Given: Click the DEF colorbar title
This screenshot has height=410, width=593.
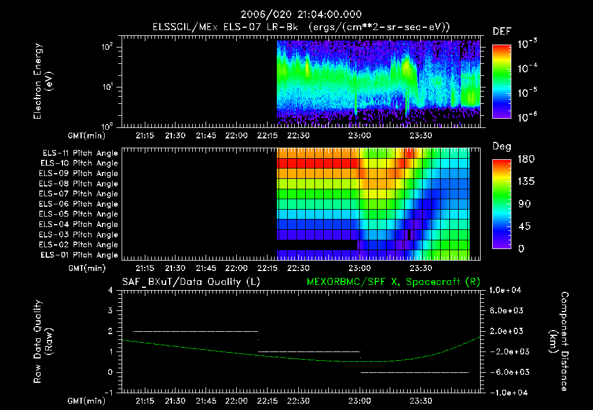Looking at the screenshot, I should (502, 31).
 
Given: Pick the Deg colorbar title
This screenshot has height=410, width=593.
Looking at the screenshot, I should (502, 147).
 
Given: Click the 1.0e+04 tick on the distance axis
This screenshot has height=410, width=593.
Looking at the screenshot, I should (507, 290).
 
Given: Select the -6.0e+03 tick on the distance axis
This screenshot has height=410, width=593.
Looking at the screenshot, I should (507, 372).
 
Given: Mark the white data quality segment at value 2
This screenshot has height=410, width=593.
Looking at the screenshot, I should (195, 331).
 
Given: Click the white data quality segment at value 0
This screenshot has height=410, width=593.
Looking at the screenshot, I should (414, 372).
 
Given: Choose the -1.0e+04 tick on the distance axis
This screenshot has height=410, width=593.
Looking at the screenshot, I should (507, 392).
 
